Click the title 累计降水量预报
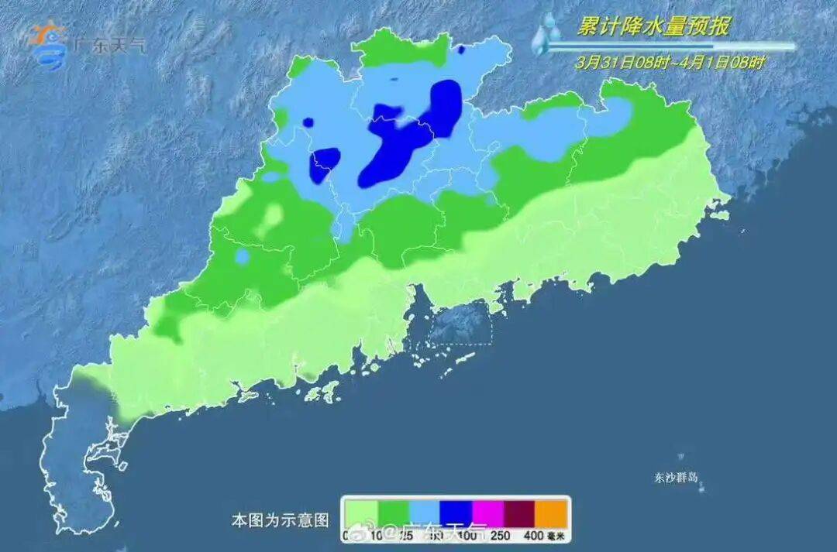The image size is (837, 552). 653,27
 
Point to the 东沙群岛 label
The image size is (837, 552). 676,478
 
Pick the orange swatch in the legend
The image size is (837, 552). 553,513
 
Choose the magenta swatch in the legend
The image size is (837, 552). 487,513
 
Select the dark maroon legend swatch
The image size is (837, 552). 520,513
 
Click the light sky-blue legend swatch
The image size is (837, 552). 424,513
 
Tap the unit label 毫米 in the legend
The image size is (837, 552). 557,535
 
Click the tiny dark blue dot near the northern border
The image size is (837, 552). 462,50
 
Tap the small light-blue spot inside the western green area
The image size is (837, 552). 243,255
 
